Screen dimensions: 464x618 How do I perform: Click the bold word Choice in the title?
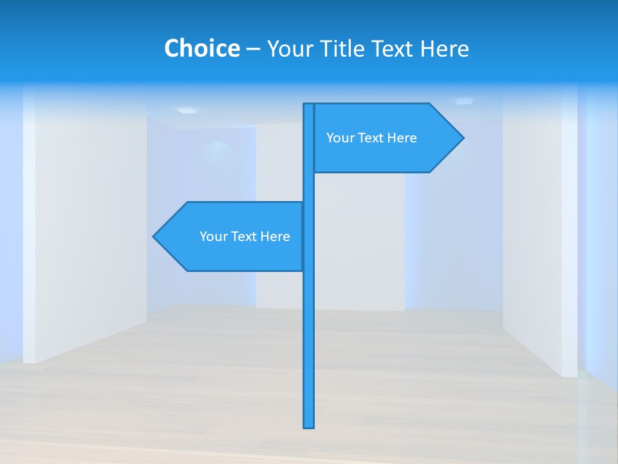click(201, 48)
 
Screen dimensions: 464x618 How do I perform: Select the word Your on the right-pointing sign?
click(339, 138)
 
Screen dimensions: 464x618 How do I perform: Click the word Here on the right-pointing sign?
click(401, 138)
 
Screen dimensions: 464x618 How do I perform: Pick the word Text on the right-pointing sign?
click(370, 138)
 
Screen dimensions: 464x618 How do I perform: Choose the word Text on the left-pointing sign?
click(243, 237)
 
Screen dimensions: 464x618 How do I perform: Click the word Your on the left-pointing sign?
click(212, 237)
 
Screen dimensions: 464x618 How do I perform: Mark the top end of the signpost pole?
click(308, 105)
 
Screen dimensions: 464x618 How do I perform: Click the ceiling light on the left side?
click(186, 110)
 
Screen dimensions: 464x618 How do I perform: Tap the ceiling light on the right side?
click(464, 101)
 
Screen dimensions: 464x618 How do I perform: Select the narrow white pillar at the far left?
click(29, 226)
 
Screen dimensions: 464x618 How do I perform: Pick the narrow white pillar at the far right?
click(570, 232)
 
